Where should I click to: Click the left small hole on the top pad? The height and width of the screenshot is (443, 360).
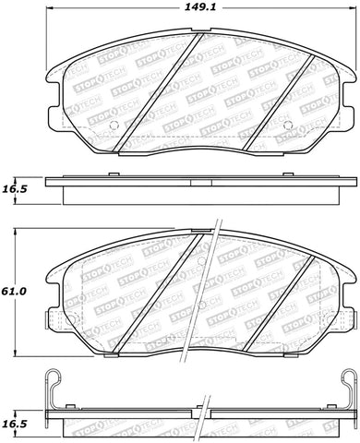point(112,126)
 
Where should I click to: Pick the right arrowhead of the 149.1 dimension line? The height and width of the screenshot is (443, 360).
point(354,21)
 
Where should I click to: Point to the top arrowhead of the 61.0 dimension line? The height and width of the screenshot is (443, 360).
point(30,232)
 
